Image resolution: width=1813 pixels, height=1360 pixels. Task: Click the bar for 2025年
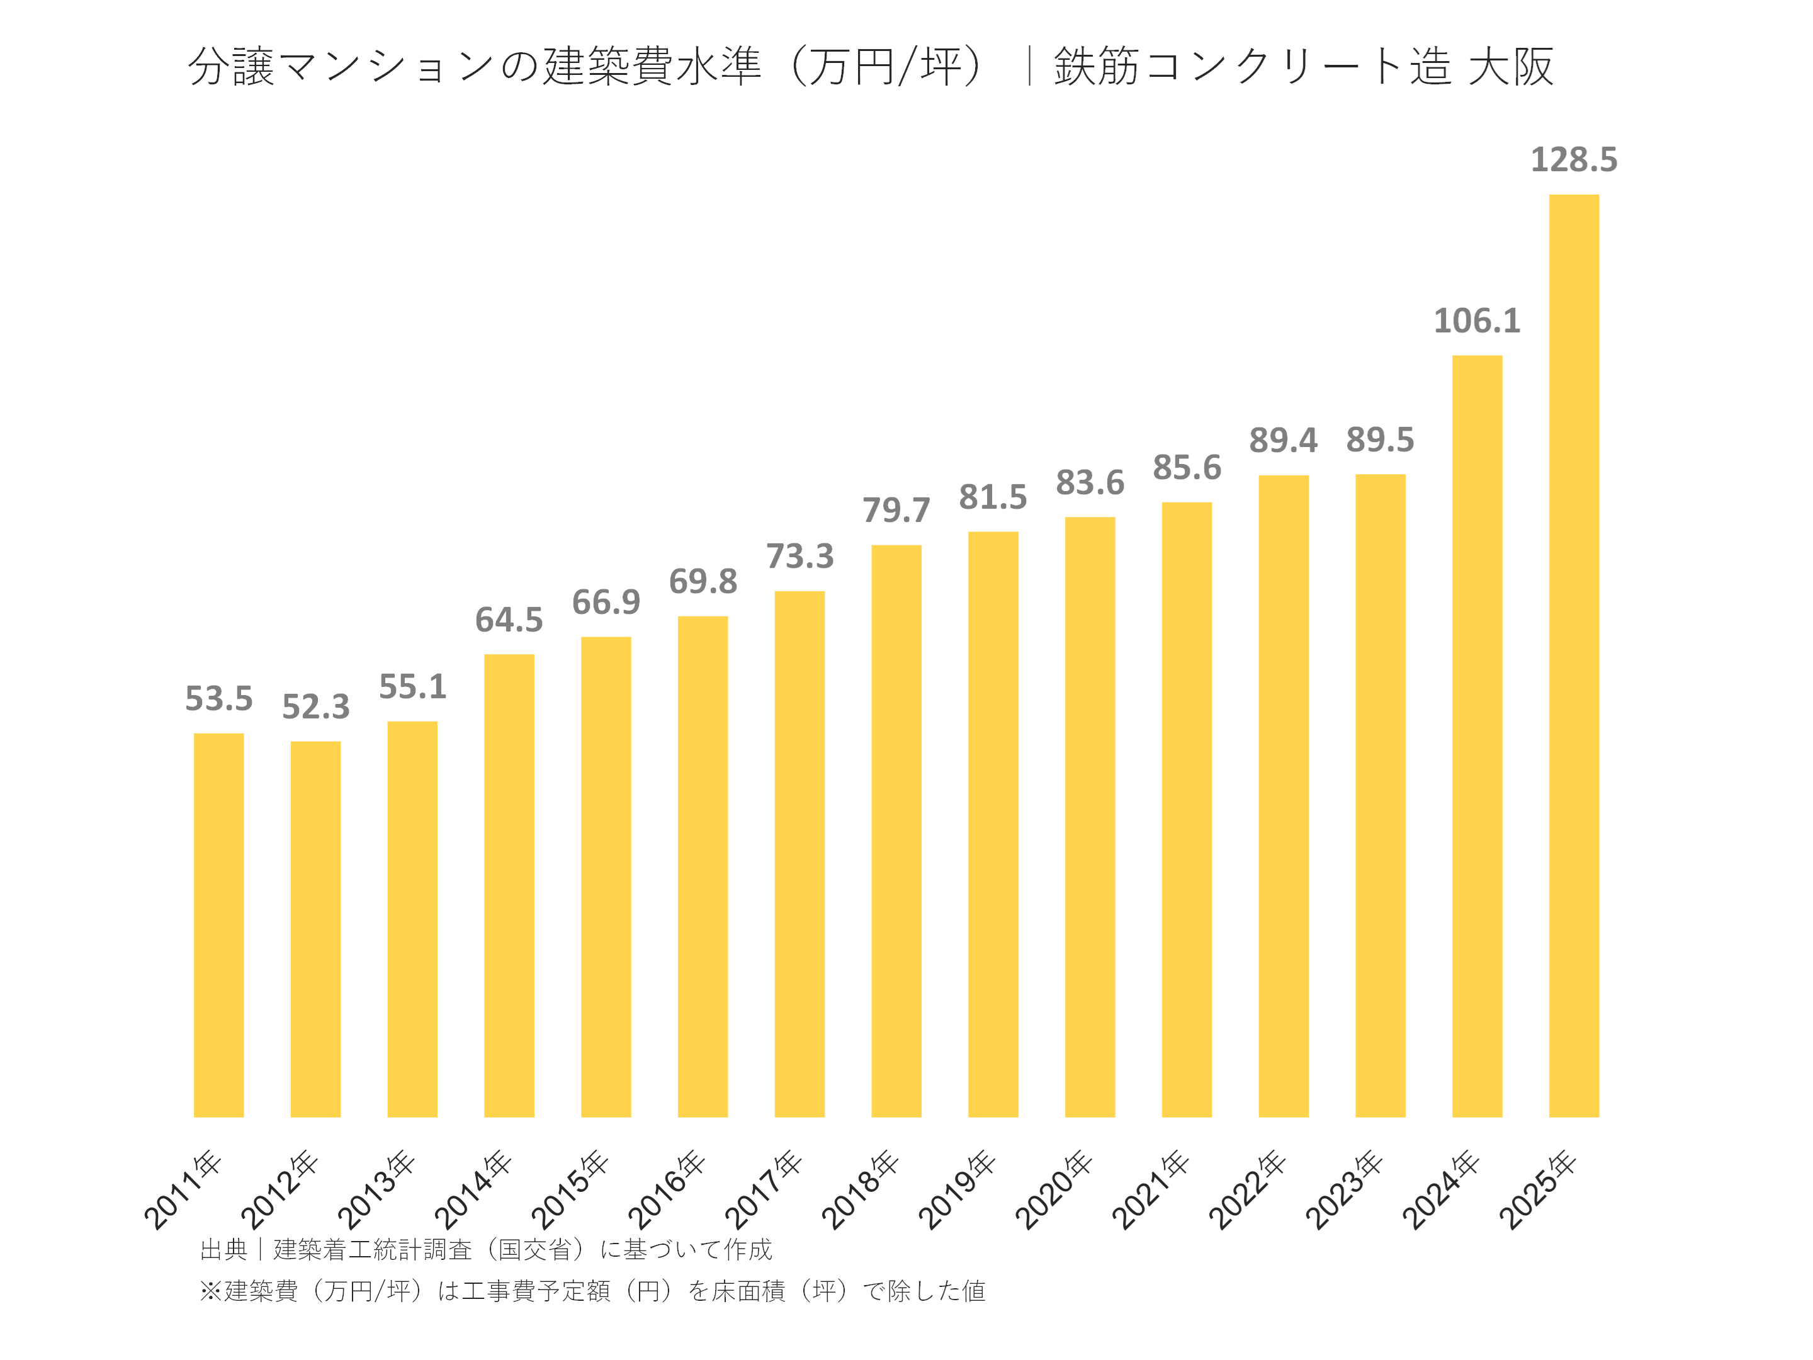click(1573, 656)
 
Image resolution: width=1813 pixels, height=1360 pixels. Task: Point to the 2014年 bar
click(509, 885)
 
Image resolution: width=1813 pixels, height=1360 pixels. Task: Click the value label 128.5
click(1573, 160)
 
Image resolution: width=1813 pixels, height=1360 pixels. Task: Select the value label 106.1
click(1476, 320)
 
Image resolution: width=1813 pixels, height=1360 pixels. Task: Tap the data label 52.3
click(315, 706)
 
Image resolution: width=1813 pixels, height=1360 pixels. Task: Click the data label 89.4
click(1283, 441)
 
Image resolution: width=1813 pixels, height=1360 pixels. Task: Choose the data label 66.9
click(606, 603)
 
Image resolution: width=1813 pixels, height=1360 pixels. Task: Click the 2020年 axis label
click(1053, 1190)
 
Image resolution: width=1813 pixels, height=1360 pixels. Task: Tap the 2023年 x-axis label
click(1343, 1190)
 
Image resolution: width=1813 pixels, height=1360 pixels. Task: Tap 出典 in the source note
click(223, 1249)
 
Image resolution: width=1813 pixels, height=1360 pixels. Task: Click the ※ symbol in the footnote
click(211, 1291)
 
